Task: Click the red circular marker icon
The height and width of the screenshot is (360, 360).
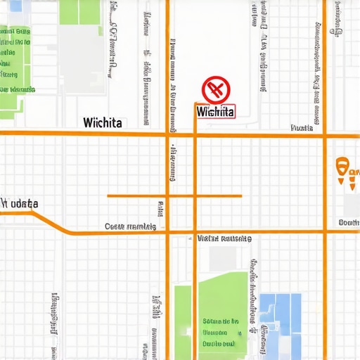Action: coord(216,90)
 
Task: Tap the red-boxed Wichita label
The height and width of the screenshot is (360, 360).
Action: coord(216,111)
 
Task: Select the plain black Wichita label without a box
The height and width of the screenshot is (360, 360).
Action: coord(102,122)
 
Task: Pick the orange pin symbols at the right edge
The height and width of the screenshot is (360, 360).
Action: coord(347,172)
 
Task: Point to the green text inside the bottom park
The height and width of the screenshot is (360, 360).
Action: coord(219,330)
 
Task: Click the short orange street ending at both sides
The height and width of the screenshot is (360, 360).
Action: coord(174,195)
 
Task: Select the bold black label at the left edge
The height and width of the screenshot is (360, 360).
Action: coord(20,203)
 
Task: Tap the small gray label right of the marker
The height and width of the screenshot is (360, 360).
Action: coord(302,129)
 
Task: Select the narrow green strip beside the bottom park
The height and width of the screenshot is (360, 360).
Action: coord(182,320)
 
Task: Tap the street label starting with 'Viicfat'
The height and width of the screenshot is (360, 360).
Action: coord(224,239)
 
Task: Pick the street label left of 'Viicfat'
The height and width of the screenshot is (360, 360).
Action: coord(130,226)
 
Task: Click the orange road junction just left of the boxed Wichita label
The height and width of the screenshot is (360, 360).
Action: coord(194,132)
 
